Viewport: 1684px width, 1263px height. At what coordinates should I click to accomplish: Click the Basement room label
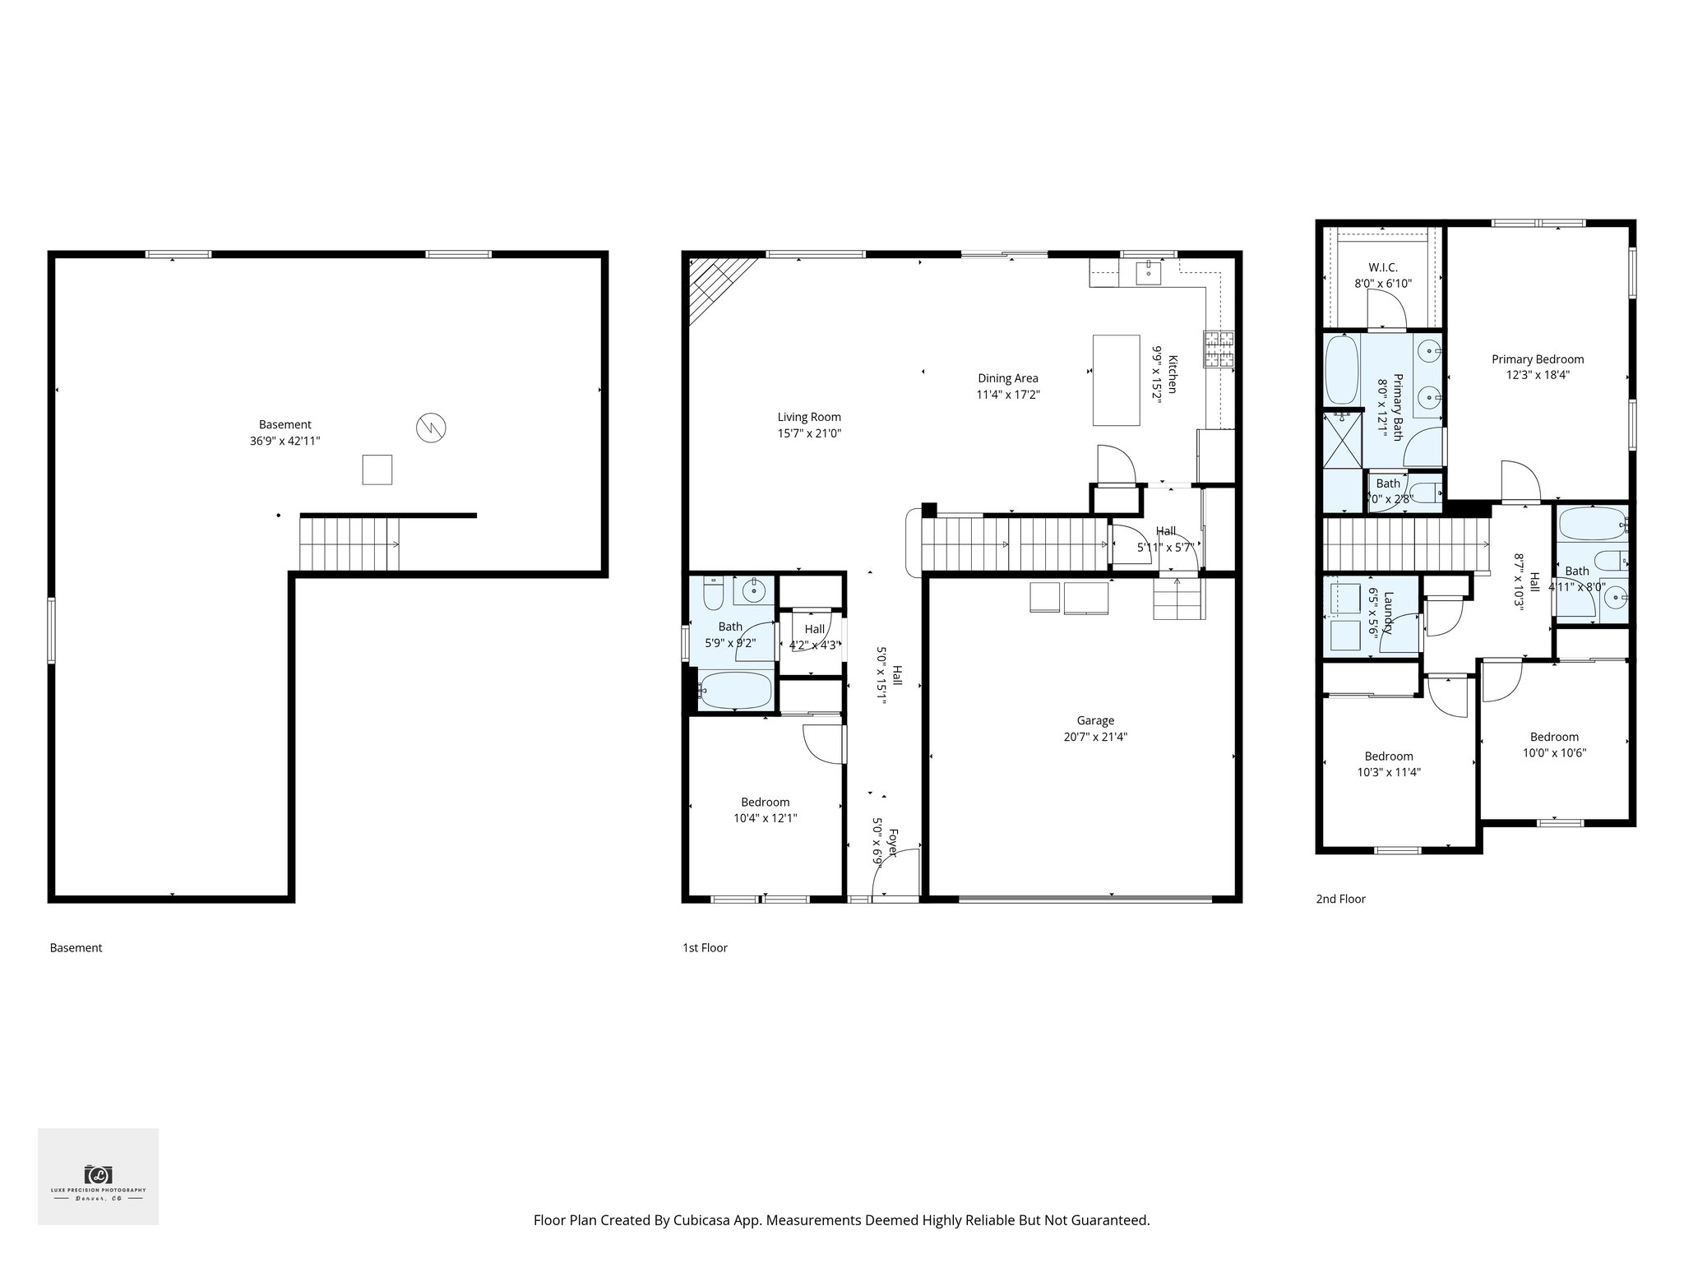tap(285, 424)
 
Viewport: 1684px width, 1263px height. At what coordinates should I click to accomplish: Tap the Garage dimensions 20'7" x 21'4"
tap(1095, 737)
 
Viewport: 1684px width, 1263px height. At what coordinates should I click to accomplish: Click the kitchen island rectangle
tap(1116, 380)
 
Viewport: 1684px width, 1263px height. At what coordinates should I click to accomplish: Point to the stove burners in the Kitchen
tap(1219, 349)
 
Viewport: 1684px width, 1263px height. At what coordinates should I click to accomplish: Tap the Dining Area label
tap(1007, 378)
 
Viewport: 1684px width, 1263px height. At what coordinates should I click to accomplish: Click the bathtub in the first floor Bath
tap(735, 689)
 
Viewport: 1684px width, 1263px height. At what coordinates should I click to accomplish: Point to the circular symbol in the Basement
tap(430, 427)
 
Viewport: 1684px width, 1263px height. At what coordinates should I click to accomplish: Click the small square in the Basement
tap(377, 470)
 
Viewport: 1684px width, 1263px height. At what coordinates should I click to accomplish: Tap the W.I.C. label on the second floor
tap(1382, 267)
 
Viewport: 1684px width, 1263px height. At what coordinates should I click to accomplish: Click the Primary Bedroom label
tap(1537, 359)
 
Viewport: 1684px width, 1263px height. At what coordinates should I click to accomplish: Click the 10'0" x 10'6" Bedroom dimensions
tap(1553, 752)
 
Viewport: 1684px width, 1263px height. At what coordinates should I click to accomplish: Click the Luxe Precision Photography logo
tap(98, 1176)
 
